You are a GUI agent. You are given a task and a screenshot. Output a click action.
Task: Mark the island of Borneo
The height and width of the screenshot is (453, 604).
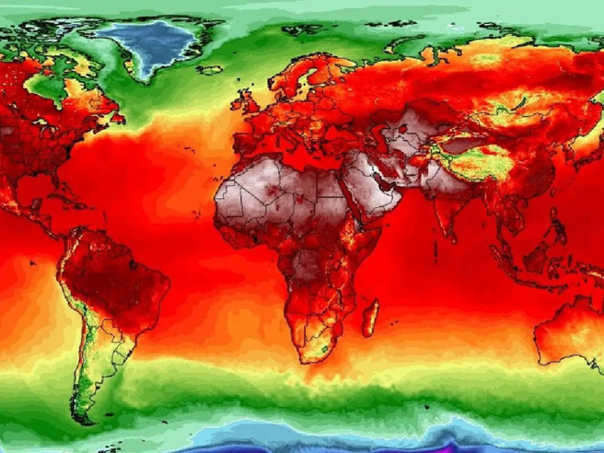point(534,260)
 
